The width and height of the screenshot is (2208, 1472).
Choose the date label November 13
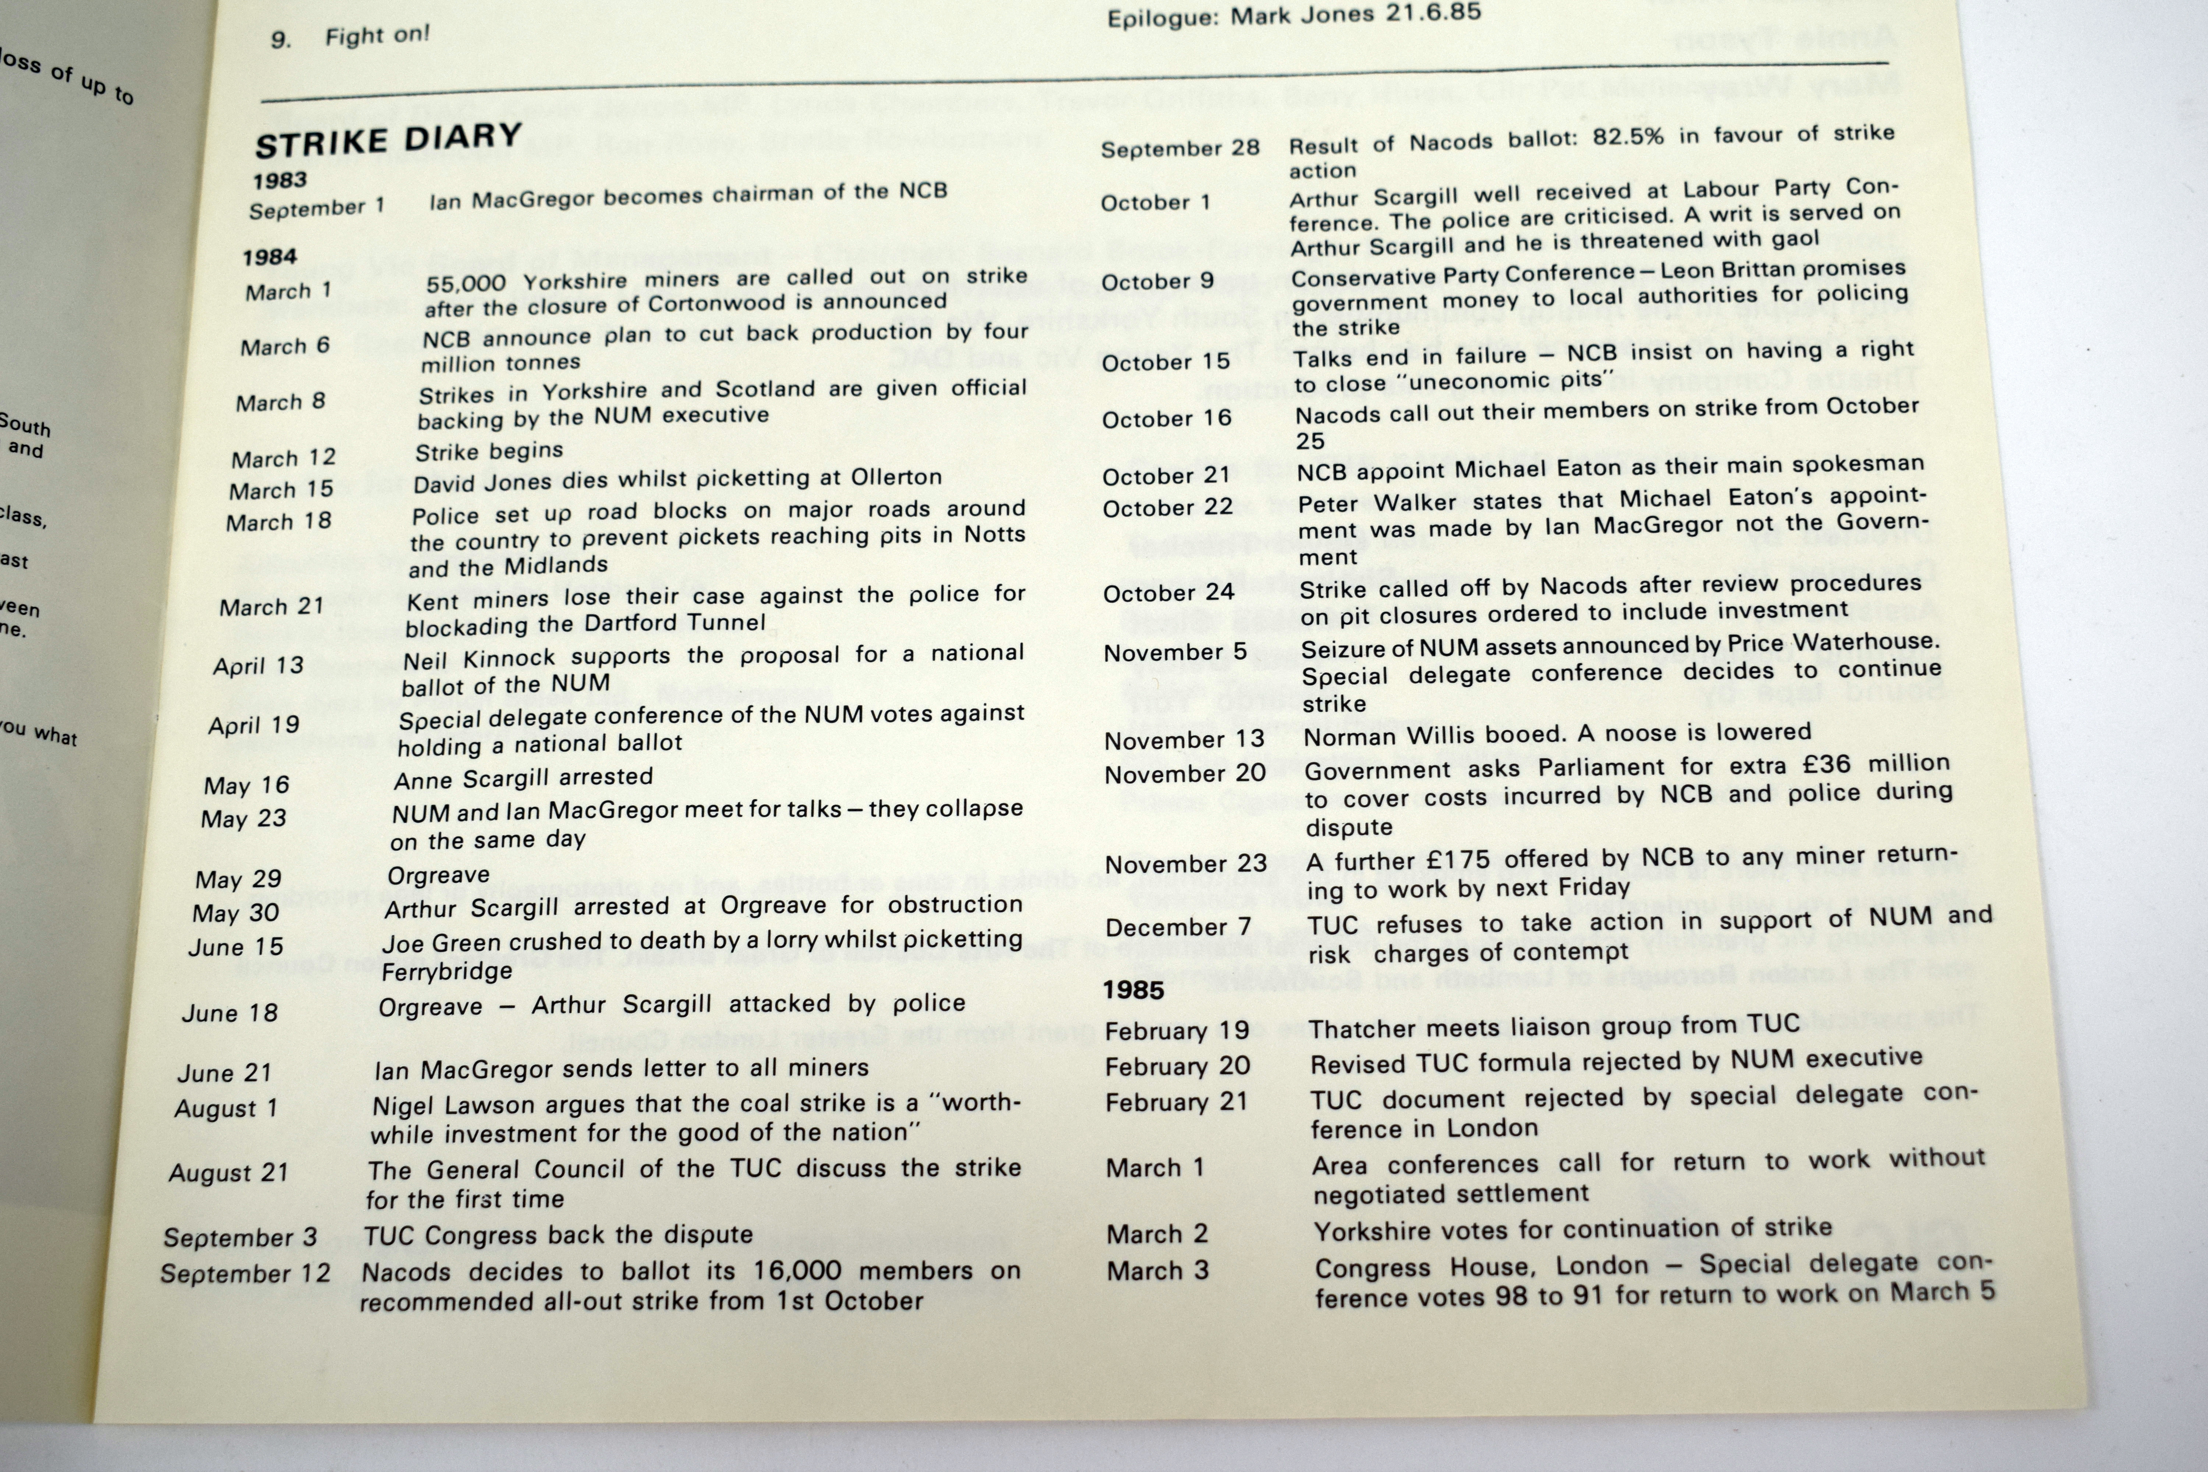pos(1185,740)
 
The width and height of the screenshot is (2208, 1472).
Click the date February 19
pos(1176,1031)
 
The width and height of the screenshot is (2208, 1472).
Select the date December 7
pos(1178,927)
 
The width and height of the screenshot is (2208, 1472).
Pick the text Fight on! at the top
pos(378,36)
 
